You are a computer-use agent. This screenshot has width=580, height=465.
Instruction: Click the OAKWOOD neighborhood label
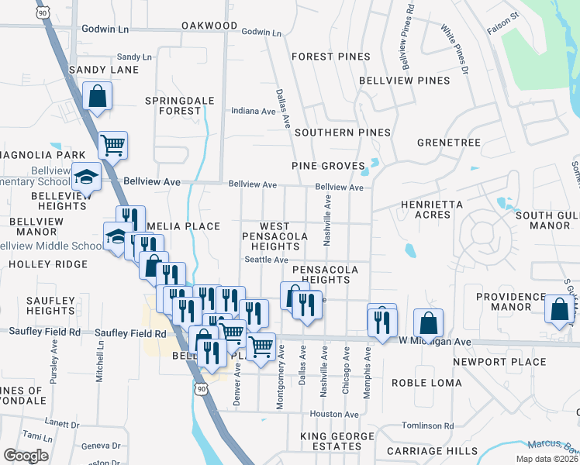tap(209, 26)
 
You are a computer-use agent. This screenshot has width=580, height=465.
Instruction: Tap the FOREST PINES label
tap(330, 57)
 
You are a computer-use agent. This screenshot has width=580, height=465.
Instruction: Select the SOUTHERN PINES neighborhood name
tap(342, 133)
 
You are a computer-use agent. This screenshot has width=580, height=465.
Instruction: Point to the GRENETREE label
tap(449, 143)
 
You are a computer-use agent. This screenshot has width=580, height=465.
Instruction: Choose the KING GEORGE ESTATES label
tap(338, 442)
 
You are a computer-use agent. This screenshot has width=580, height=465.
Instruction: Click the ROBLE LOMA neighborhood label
tap(426, 383)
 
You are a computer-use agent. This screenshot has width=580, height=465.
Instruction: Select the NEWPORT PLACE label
tap(499, 362)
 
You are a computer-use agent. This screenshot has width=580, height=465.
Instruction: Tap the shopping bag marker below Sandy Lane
tap(98, 97)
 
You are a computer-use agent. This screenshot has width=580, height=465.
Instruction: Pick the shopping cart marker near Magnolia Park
tap(113, 145)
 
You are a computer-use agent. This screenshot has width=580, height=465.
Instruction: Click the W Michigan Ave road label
tap(435, 341)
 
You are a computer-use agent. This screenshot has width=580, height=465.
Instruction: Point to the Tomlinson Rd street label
tap(428, 425)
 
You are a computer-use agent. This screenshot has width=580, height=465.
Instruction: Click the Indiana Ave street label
tap(254, 111)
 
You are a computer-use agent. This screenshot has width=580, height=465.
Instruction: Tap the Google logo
tap(26, 455)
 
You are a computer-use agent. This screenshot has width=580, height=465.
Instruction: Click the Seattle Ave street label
tap(267, 260)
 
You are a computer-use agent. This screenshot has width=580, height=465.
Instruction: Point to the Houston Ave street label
tap(334, 415)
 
